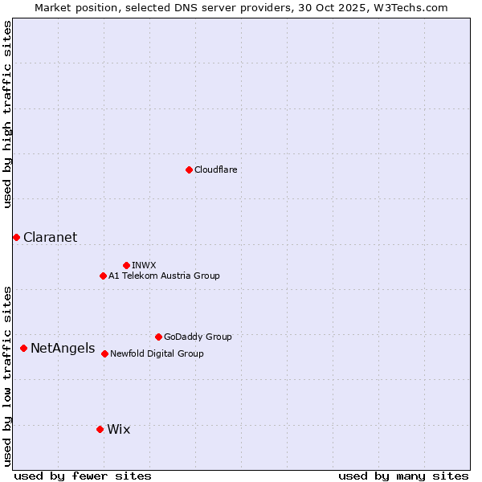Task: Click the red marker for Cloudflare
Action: [189, 170]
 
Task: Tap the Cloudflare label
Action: [215, 170]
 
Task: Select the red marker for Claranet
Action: [16, 237]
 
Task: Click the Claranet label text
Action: [50, 237]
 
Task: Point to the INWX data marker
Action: [126, 265]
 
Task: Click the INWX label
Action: [144, 265]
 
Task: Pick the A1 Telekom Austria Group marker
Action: [103, 276]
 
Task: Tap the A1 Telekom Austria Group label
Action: [164, 276]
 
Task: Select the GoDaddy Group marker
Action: [158, 337]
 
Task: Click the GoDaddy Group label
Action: [197, 337]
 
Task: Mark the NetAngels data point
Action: [23, 348]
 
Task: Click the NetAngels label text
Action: [62, 349]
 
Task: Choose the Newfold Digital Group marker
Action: [104, 353]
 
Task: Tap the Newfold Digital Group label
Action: [157, 353]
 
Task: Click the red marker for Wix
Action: [100, 429]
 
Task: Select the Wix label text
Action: [118, 429]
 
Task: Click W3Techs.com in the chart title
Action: [414, 7]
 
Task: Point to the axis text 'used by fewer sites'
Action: [83, 476]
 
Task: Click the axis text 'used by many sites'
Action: [403, 476]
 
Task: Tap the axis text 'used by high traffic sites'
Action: [8, 114]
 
